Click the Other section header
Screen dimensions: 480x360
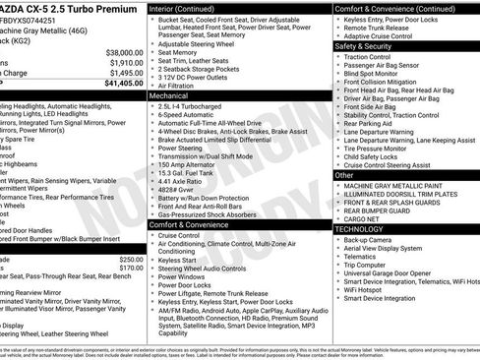coord(344,174)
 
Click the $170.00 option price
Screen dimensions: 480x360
coord(130,268)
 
